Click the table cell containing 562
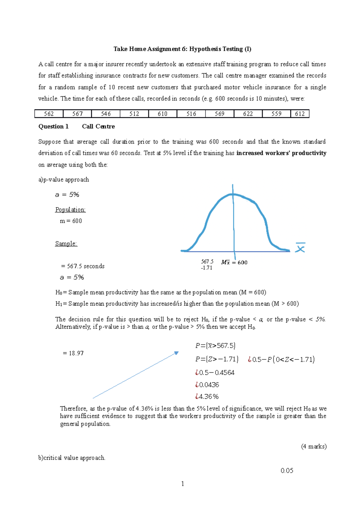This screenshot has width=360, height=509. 49,114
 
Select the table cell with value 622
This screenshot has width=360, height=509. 248,114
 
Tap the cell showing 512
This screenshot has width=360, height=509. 134,114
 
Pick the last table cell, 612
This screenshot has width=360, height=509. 300,114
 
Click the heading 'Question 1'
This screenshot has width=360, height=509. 53,127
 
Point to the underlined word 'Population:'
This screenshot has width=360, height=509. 70,210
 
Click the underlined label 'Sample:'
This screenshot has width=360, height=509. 66,243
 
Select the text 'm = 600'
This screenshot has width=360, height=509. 71,221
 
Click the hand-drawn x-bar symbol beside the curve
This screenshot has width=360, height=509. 300,248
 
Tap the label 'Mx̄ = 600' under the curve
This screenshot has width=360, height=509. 234,263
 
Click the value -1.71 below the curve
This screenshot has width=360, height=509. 207,268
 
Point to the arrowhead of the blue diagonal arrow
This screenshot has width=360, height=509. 177,353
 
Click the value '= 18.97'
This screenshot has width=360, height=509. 73,353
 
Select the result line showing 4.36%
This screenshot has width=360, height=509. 207,397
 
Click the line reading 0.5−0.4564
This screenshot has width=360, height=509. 215,373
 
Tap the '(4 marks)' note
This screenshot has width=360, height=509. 313,446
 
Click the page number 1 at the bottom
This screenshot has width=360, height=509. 183,484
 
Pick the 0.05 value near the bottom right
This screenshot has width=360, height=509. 287,471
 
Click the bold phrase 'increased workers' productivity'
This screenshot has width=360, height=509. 281,153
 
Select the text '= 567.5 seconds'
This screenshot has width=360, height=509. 83,266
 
